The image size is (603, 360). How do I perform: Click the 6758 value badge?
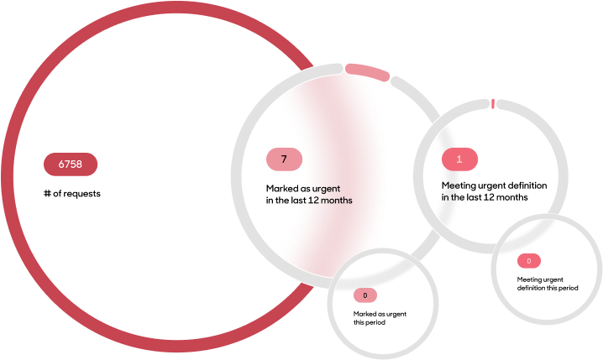pyautogui.click(x=71, y=164)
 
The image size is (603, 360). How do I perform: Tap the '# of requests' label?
pyautogui.click(x=72, y=194)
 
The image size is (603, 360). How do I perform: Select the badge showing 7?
pyautogui.click(x=284, y=159)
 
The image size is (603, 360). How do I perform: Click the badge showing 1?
pyautogui.click(x=459, y=159)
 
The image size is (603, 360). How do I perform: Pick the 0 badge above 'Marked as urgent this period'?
pyautogui.click(x=365, y=295)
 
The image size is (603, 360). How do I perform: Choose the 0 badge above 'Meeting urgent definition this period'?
pyautogui.click(x=529, y=261)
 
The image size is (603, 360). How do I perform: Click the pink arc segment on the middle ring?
pyautogui.click(x=367, y=72)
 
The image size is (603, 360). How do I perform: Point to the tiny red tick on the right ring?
pyautogui.click(x=493, y=103)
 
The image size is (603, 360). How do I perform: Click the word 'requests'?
pyautogui.click(x=82, y=194)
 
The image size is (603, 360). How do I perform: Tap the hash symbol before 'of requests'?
pyautogui.click(x=47, y=193)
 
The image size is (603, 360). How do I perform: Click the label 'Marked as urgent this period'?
pyautogui.click(x=380, y=318)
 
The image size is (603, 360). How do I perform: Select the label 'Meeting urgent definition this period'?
pyautogui.click(x=548, y=284)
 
